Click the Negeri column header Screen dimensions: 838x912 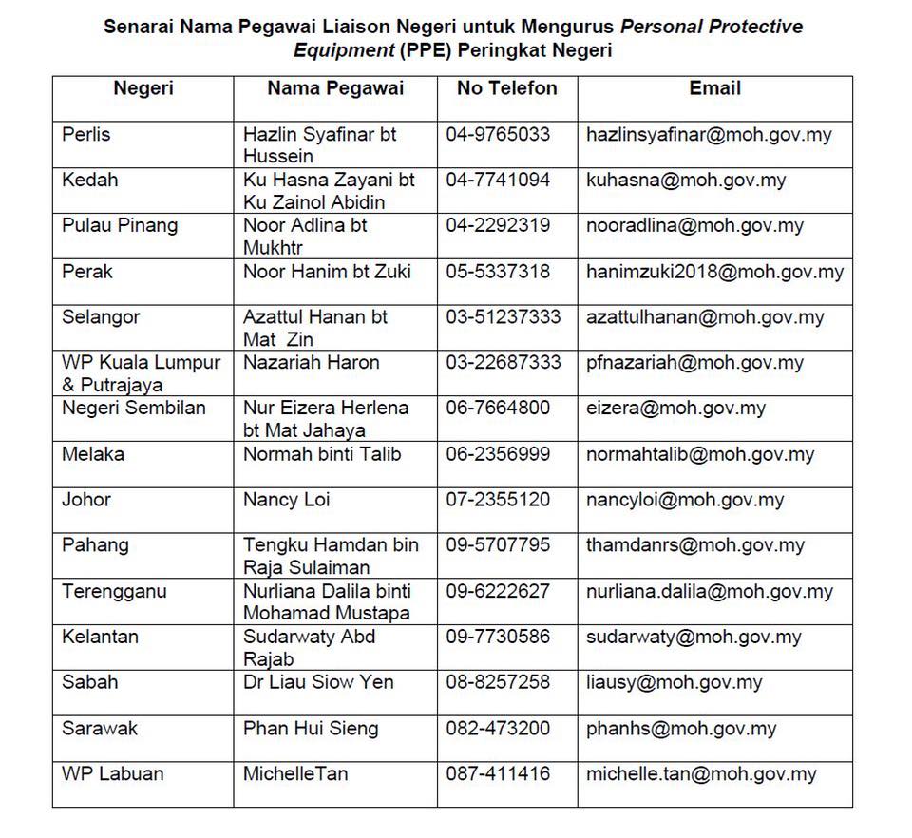click(142, 88)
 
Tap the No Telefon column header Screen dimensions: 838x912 click(506, 88)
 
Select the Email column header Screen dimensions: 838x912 click(714, 88)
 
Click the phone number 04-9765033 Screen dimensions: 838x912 click(498, 135)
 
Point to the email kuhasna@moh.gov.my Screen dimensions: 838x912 click(686, 181)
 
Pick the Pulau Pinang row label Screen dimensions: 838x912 click(120, 226)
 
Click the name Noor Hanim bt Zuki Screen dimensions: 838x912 click(327, 272)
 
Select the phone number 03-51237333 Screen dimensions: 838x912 click(503, 317)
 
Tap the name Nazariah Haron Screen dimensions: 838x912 click(311, 363)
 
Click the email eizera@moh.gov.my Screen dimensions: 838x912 click(675, 409)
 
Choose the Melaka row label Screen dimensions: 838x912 click(93, 454)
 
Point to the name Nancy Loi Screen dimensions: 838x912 click(287, 500)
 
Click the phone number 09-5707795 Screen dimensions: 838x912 click(498, 545)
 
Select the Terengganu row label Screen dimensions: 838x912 click(114, 591)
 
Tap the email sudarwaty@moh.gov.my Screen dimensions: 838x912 click(693, 637)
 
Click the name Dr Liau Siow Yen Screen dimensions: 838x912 click(318, 682)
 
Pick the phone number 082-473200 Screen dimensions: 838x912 click(498, 729)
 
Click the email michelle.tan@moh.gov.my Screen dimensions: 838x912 click(701, 774)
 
